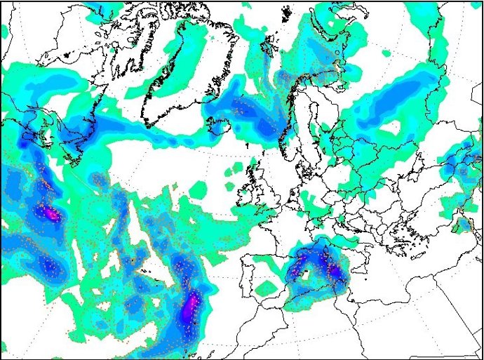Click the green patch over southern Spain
coord(267,288)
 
